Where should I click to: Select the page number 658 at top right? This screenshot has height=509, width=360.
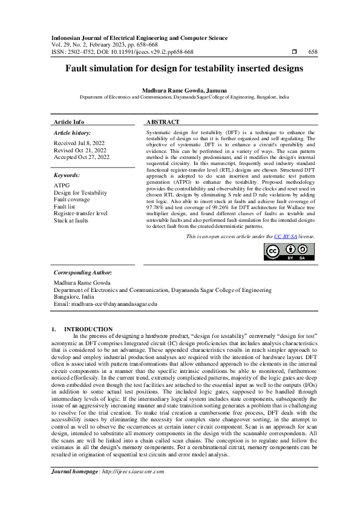tap(313, 52)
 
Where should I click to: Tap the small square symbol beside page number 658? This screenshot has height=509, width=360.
tap(295, 52)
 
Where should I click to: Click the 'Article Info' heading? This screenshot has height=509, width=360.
tap(69, 122)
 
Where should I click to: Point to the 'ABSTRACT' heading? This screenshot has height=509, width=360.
tap(164, 122)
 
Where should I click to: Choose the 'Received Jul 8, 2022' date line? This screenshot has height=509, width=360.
tap(79, 143)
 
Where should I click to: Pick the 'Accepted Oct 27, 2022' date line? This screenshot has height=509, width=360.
tap(82, 157)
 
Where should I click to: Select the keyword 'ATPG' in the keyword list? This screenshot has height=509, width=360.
tap(62, 186)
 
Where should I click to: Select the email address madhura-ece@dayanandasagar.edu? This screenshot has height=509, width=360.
tap(105, 304)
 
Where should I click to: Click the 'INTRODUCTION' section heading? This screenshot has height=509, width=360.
tap(93, 329)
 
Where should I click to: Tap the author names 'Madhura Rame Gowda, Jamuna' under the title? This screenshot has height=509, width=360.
tap(180, 89)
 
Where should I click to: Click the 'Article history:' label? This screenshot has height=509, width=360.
tap(72, 132)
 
